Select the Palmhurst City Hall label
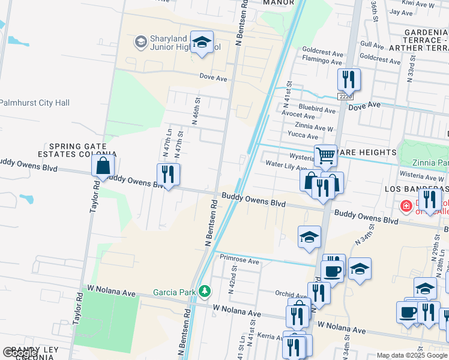35,103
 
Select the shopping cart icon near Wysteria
325,155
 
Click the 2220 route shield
346,96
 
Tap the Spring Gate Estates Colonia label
78,150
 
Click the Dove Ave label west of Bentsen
214,79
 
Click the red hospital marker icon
406,206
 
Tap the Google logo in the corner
19,353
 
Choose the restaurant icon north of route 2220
348,79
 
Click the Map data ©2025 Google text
412,355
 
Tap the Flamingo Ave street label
322,61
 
